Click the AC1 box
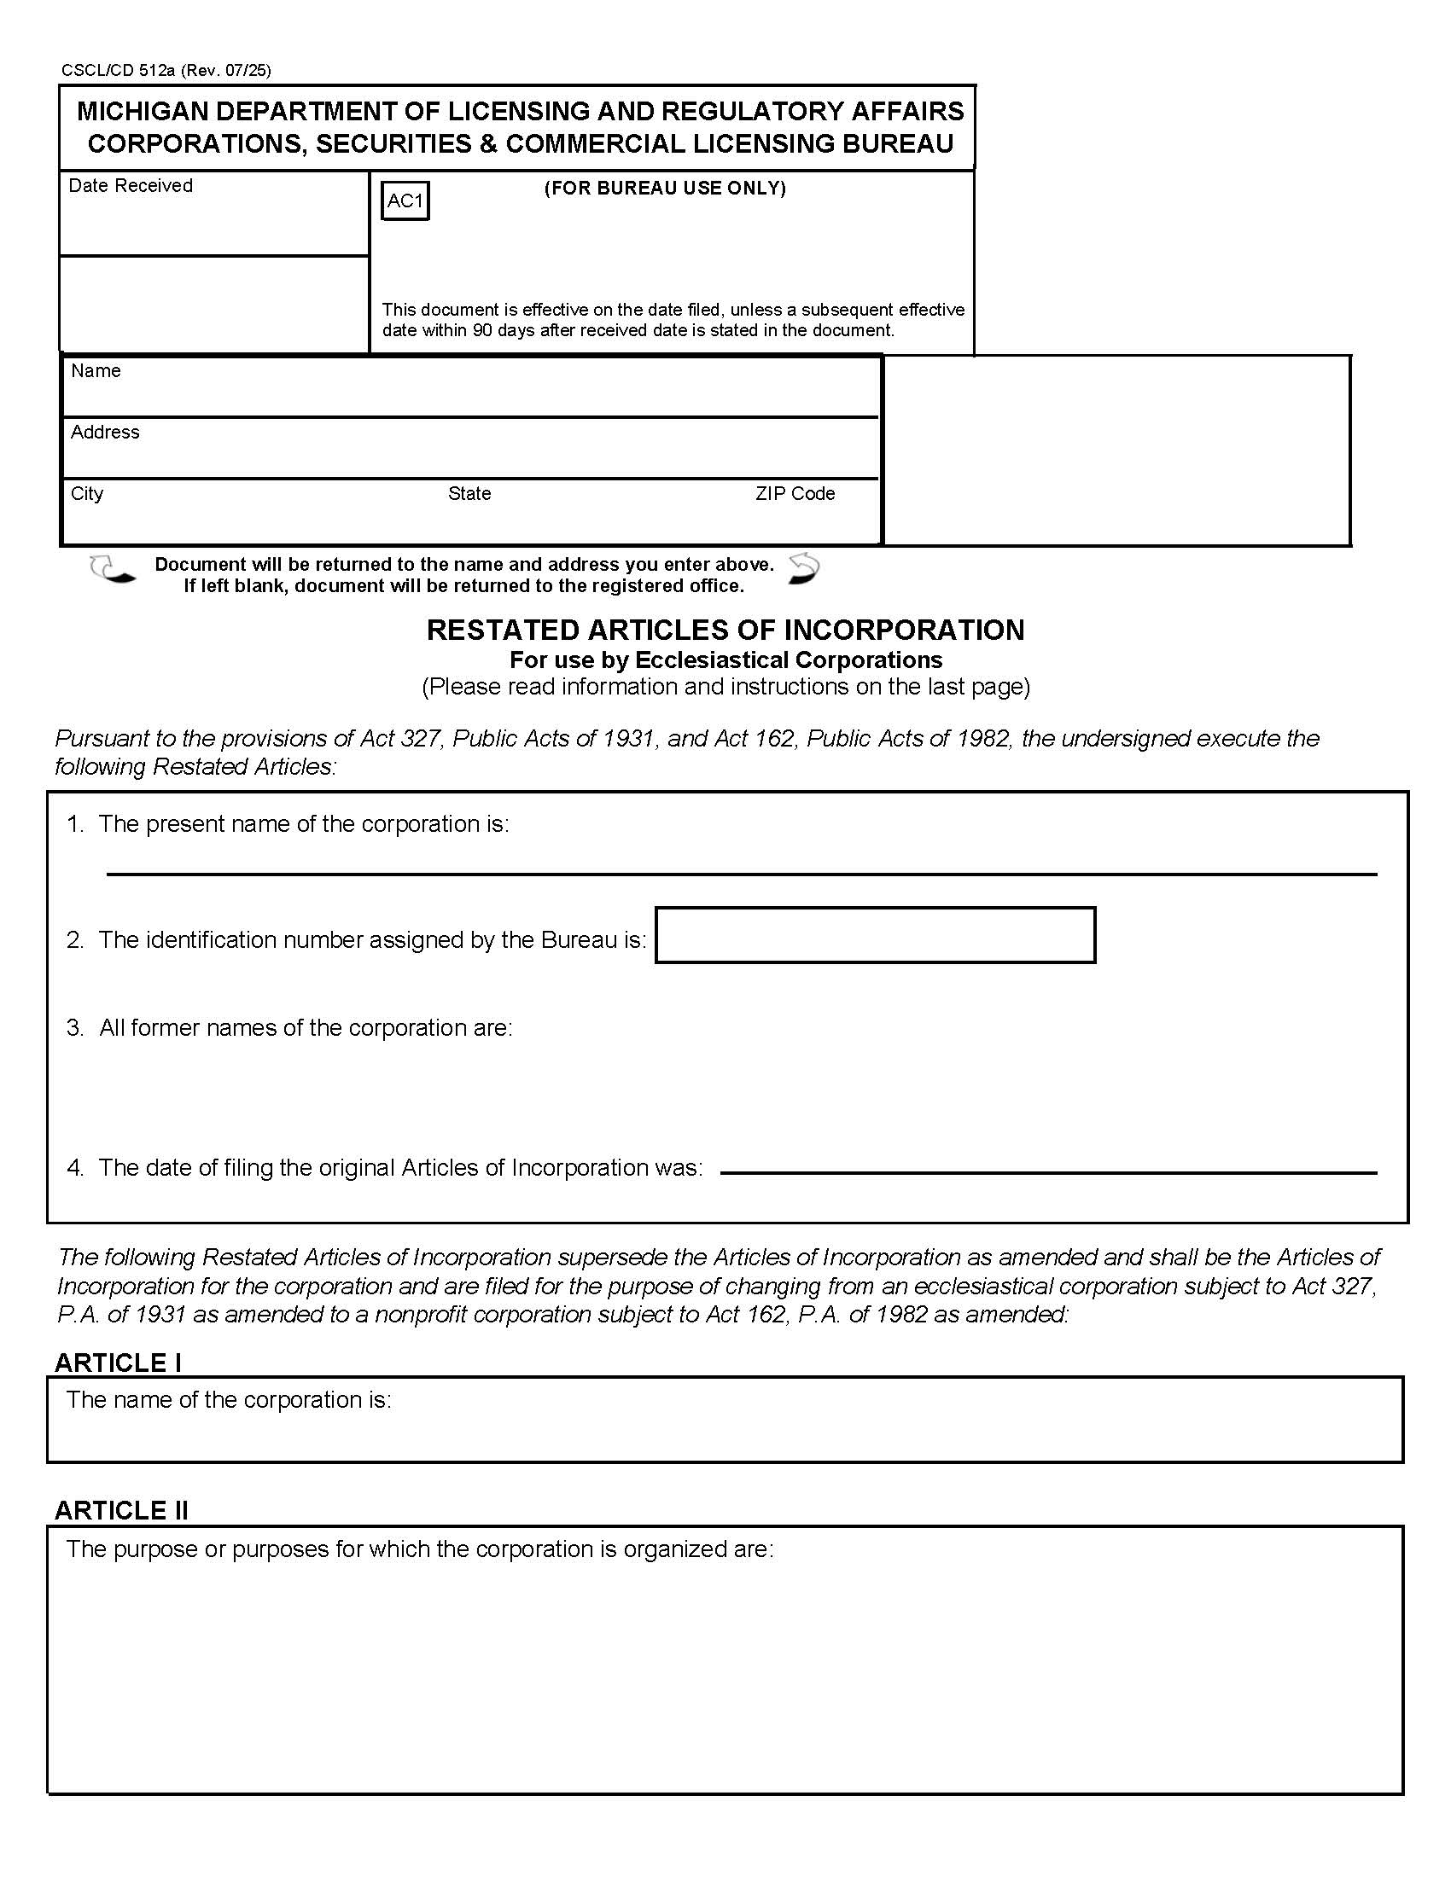405,201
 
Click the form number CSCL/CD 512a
118,71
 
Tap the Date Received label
130,186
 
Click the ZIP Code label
795,493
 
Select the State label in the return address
469,493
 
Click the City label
87,493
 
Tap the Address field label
105,433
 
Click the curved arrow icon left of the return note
112,571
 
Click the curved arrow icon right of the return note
804,570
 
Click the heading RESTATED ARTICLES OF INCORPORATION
725,630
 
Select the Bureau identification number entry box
874,935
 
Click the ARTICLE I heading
118,1363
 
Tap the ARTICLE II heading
121,1510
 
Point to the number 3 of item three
74,1028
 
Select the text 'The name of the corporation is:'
229,1400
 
